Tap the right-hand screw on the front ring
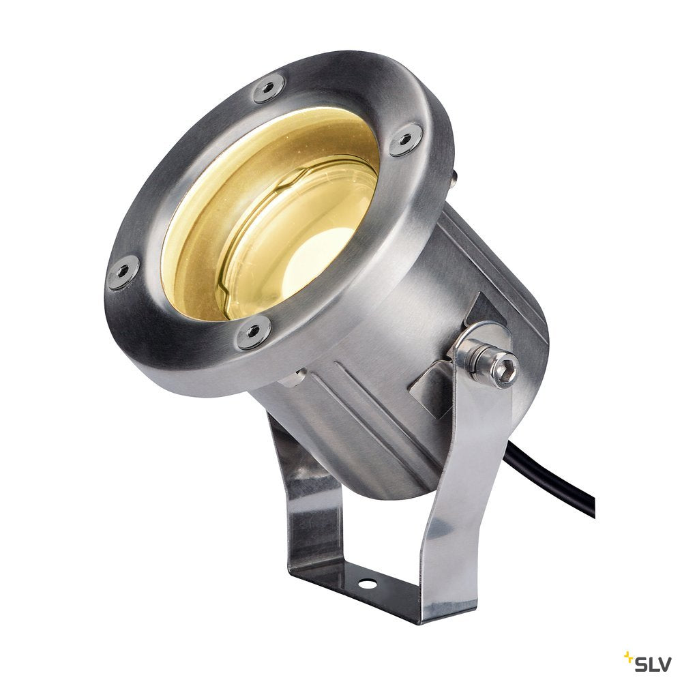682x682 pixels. [405, 140]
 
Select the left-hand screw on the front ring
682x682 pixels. [123, 272]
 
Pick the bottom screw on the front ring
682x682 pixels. [254, 333]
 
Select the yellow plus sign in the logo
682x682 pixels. [627, 655]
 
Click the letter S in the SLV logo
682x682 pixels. [641, 664]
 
